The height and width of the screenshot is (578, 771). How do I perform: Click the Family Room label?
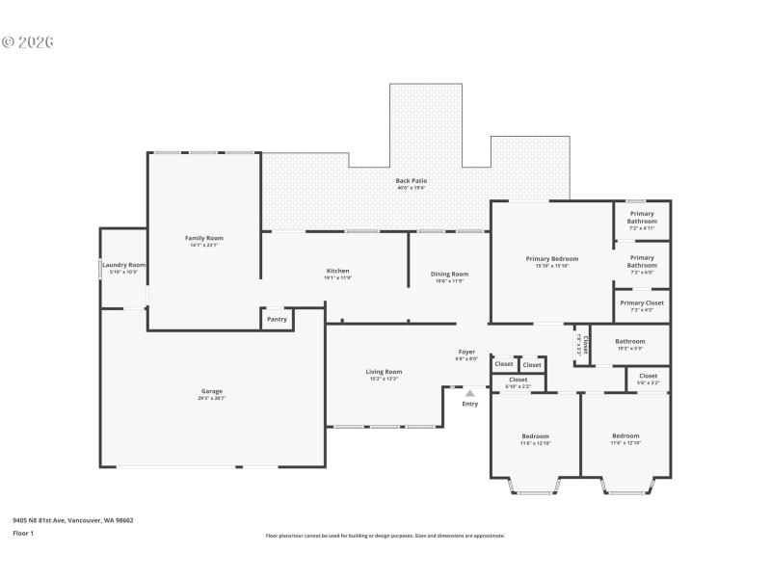tap(203, 238)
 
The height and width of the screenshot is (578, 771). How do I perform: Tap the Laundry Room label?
tap(123, 265)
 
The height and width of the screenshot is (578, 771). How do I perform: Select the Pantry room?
tap(277, 319)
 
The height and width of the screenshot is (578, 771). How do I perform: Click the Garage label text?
tap(212, 391)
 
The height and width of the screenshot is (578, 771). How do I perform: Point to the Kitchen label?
tap(337, 272)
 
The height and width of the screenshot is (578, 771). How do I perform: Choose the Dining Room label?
tap(449, 275)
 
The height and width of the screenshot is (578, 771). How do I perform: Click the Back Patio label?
tap(412, 181)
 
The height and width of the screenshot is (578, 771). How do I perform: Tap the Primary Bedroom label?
tap(552, 259)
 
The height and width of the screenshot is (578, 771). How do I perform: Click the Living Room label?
tap(384, 372)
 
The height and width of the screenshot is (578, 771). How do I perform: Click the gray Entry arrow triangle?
tap(470, 393)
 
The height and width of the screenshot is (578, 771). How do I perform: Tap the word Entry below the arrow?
tap(470, 404)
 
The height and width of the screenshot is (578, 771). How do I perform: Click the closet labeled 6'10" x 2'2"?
tap(518, 381)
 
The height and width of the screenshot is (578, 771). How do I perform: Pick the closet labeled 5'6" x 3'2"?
tap(648, 377)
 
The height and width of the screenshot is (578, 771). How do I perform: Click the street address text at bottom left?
tap(72, 520)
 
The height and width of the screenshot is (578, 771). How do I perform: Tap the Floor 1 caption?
tap(23, 533)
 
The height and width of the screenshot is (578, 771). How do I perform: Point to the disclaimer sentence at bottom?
tap(385, 536)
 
